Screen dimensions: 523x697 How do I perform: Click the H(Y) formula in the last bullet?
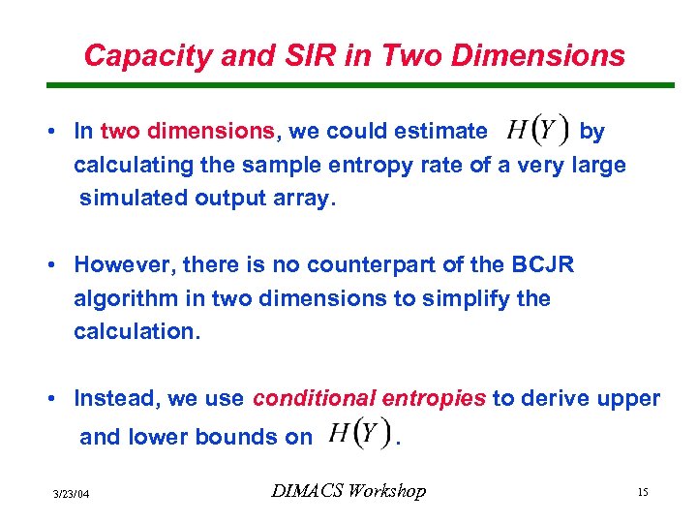click(x=357, y=435)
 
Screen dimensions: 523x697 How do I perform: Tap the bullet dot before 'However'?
click(x=60, y=264)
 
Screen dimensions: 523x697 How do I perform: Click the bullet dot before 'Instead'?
click(x=60, y=398)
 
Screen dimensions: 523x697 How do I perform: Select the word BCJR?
click(x=541, y=264)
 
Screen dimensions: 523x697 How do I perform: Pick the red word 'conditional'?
click(x=315, y=398)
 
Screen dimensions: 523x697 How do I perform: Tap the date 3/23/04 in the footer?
click(x=72, y=494)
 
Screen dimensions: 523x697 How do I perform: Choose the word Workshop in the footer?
click(x=388, y=491)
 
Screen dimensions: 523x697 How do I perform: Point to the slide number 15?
click(x=642, y=493)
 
